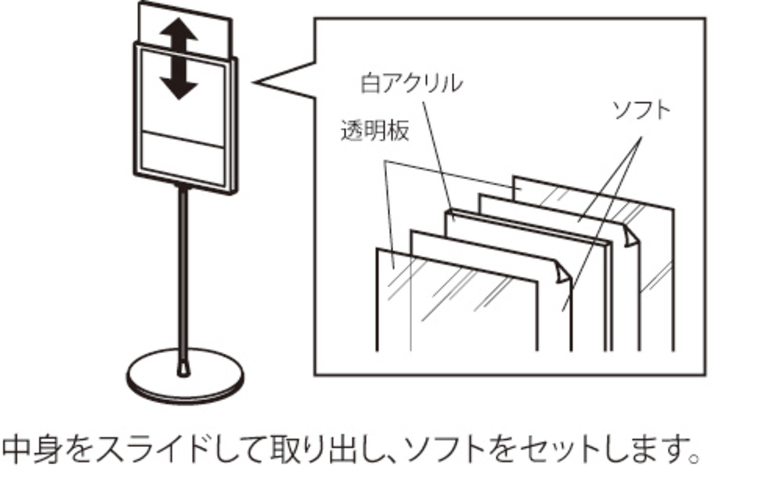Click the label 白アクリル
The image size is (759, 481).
[x=411, y=83]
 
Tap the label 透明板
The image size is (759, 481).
[x=375, y=131]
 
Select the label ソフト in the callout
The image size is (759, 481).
[x=640, y=110]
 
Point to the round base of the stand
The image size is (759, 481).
[x=185, y=380]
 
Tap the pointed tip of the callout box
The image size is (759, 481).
[x=256, y=82]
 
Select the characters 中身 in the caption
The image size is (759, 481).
[x=32, y=452]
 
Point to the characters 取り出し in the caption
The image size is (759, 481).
[x=320, y=452]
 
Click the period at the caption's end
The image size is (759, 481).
[x=691, y=460]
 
